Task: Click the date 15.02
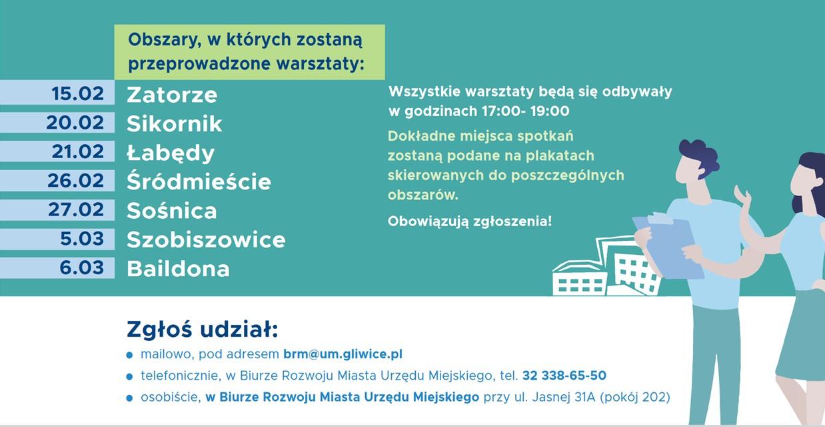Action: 78,93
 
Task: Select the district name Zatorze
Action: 172,95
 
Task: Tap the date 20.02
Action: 75,122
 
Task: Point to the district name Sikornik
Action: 174,123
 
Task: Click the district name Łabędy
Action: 171,153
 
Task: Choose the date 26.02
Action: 75,181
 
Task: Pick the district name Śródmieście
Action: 199,181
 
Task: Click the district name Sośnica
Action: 172,211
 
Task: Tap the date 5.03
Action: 82,239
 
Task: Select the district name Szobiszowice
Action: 206,240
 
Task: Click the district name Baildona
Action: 178,269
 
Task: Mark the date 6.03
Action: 82,268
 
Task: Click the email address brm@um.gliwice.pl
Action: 343,354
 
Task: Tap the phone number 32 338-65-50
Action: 564,376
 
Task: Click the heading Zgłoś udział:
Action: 202,329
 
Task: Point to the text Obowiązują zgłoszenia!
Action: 470,222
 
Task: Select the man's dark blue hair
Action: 699,156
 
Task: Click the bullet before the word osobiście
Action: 129,398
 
